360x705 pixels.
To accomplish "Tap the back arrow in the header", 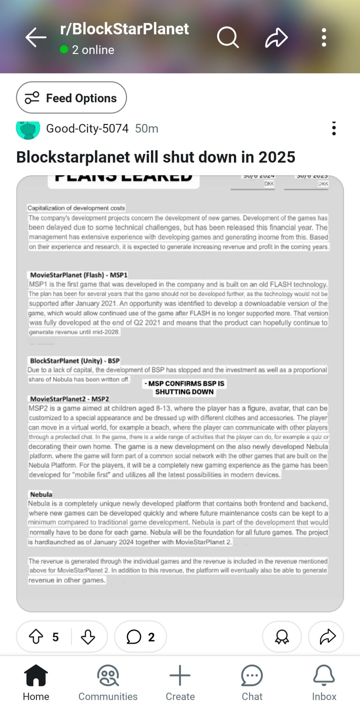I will (x=36, y=37).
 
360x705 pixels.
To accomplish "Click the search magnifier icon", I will (x=228, y=37).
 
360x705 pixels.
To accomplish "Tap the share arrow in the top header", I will (x=276, y=37).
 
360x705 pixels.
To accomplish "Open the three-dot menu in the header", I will (x=324, y=37).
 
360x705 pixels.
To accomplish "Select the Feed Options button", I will (x=71, y=98).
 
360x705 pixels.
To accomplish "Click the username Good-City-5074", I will (x=87, y=129).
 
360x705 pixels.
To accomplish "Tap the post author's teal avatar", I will (x=28, y=129).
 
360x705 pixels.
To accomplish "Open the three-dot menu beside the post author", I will (x=334, y=129).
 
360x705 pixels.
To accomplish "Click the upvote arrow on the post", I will (x=36, y=637).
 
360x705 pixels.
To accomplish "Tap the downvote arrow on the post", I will (x=88, y=637).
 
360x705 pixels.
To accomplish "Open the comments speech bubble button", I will (x=140, y=637).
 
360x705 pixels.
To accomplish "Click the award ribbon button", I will (x=282, y=637).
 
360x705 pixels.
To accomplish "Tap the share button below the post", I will (x=327, y=637).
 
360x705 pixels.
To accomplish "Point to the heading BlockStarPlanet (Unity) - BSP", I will (x=75, y=361).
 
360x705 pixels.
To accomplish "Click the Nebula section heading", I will (x=41, y=494).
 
